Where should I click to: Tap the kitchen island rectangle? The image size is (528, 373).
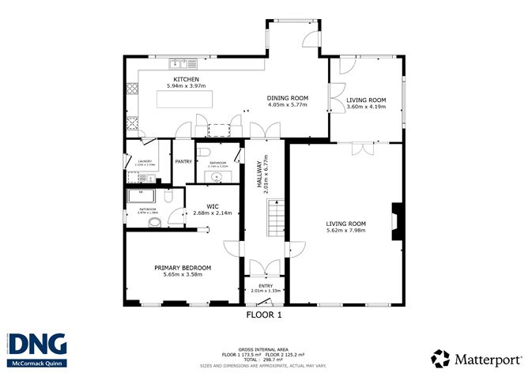click(185, 99)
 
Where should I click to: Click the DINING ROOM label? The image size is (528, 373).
click(288, 98)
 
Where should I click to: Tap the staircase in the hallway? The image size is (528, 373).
click(276, 213)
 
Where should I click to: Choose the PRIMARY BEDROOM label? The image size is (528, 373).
click(180, 268)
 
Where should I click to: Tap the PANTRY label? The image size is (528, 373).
click(184, 161)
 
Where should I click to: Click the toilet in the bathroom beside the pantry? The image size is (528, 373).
click(205, 152)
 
